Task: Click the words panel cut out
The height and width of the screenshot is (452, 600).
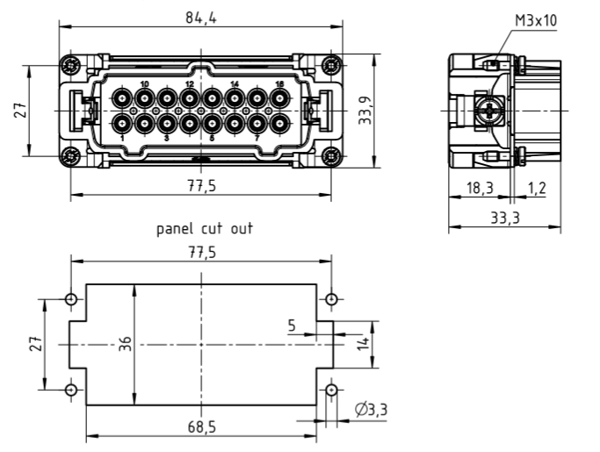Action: tap(205, 230)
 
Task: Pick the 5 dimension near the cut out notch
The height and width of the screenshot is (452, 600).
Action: tap(292, 326)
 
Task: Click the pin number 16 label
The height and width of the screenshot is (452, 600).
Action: tap(279, 84)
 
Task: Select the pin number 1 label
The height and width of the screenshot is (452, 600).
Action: tap(121, 139)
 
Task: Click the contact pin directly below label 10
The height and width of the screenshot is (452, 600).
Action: tap(144, 97)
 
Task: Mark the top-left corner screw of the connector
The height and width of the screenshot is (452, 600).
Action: tap(69, 65)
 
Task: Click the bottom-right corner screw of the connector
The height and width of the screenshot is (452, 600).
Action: tap(329, 157)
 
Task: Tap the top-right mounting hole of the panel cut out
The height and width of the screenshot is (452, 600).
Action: tap(330, 300)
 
